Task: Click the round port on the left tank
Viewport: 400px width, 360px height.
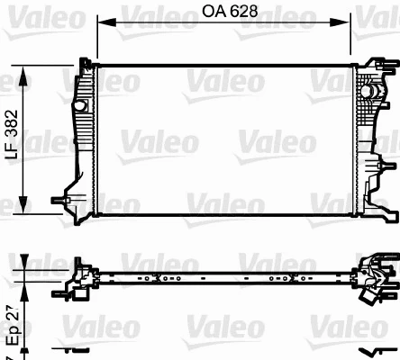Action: click(77, 107)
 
